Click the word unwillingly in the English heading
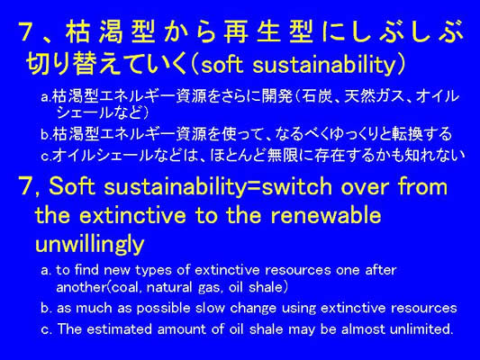tap(90, 244)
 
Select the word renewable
tap(326, 215)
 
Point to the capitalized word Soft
tap(71, 186)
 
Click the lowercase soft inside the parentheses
tap(222, 64)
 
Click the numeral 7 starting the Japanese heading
tap(27, 31)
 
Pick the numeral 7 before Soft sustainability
tap(26, 186)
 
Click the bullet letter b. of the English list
tap(46, 309)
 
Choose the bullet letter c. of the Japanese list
tap(46, 157)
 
